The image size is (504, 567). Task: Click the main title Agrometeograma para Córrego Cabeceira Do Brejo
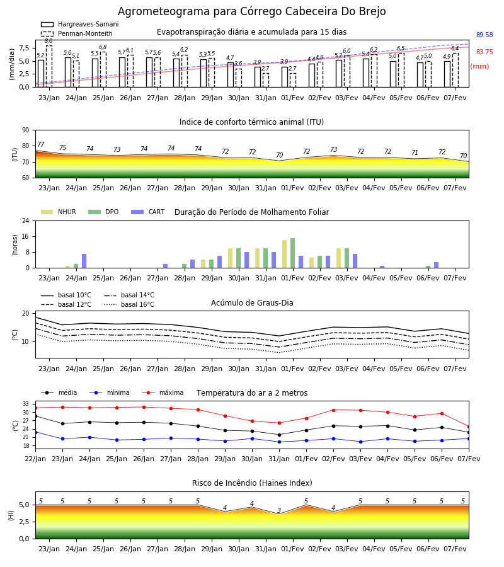pos(251,11)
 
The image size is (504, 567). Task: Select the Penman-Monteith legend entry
pos(77,33)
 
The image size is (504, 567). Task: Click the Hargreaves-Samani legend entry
pos(79,24)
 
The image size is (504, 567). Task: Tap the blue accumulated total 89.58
pos(484,35)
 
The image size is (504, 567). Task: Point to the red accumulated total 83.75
pos(484,52)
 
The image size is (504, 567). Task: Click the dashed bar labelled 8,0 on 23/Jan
pos(49,66)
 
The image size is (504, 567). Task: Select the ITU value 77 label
pos(40,145)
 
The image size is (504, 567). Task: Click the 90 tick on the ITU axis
pos(26,130)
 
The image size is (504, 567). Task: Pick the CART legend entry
pos(148,212)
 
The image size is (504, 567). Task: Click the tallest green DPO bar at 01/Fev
pos(292,253)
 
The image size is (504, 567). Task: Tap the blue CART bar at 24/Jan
pos(84,261)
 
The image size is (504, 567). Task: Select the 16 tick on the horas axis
pos(26,236)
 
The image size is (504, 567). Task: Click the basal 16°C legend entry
pos(129,304)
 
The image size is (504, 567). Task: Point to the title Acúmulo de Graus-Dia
pos(252,303)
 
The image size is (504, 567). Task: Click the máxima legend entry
pos(163,392)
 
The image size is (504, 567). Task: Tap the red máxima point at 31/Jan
pos(279,423)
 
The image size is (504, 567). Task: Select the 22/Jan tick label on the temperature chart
pos(35,459)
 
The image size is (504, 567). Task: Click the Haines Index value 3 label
pos(279,510)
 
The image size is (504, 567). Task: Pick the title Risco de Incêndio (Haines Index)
pos(252,483)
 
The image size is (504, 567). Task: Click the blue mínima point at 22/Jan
pos(36,432)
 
